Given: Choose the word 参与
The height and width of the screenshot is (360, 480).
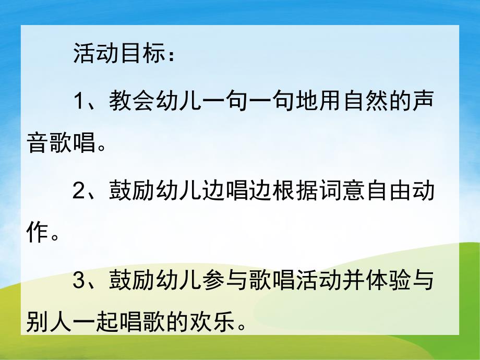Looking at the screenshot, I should (x=225, y=282).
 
